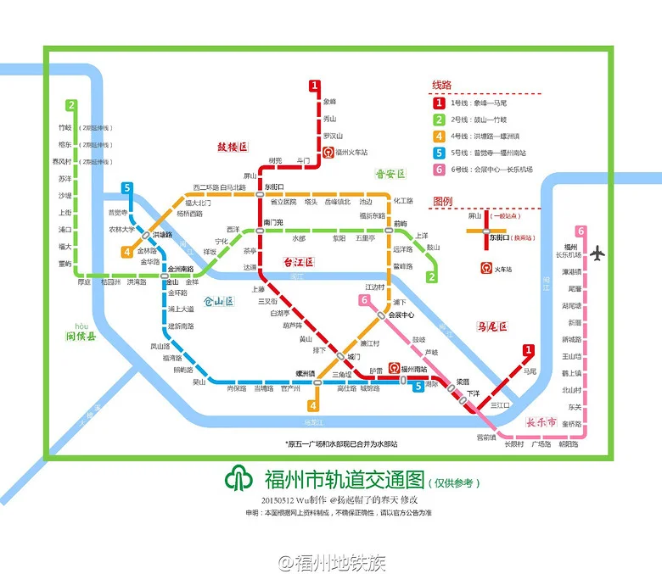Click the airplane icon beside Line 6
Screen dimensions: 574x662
(x=599, y=253)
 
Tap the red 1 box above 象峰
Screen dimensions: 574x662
(x=314, y=86)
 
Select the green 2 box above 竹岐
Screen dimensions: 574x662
(x=72, y=106)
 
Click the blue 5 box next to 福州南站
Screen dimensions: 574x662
(x=418, y=387)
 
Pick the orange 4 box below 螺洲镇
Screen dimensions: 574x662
(x=313, y=392)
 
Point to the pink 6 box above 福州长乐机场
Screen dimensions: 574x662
(x=581, y=231)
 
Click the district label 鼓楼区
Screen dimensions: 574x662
(x=233, y=147)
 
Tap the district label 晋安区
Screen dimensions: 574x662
(x=391, y=174)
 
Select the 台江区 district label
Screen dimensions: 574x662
(x=298, y=263)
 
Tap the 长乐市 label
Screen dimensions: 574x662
(x=541, y=422)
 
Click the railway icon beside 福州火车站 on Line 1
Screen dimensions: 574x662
(x=328, y=153)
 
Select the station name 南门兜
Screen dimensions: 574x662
(x=273, y=222)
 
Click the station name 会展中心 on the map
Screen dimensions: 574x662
(x=400, y=315)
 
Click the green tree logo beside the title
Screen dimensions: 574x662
(x=238, y=480)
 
